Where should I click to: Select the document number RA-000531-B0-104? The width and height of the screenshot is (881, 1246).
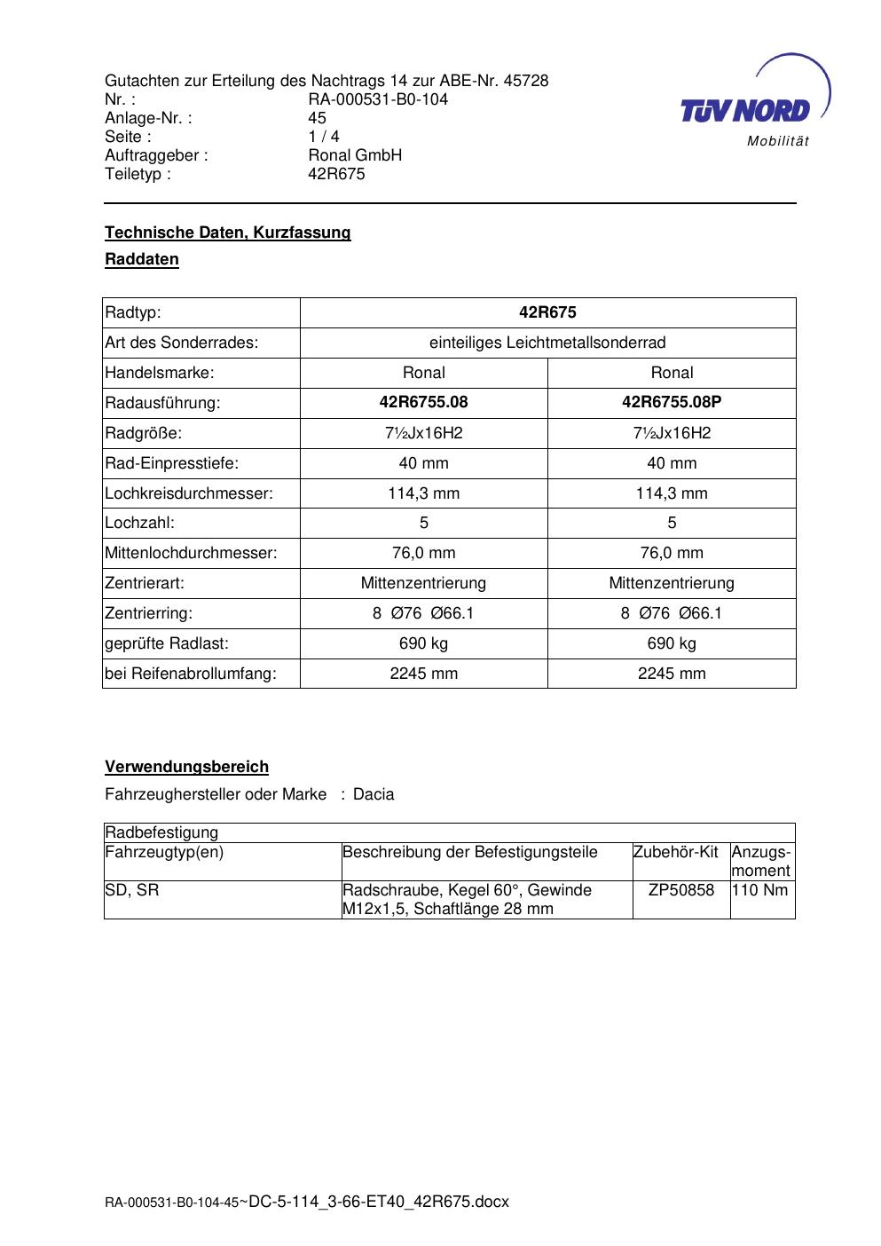[378, 99]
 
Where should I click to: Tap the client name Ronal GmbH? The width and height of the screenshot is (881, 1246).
[355, 155]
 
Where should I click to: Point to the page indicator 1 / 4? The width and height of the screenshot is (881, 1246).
[324, 137]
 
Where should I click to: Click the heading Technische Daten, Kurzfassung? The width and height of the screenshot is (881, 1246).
[227, 233]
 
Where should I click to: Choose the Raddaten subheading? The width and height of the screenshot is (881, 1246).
[142, 259]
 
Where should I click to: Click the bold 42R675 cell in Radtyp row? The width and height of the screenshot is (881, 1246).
[547, 312]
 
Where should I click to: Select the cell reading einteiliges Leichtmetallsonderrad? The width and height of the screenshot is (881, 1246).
[547, 343]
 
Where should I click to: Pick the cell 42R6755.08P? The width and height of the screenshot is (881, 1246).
[672, 402]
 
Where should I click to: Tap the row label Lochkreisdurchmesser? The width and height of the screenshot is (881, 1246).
[189, 493]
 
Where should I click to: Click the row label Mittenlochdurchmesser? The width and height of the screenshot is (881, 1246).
[191, 553]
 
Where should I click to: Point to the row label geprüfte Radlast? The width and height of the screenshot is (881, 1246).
[167, 643]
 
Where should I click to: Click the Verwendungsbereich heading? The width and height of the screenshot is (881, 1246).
[186, 767]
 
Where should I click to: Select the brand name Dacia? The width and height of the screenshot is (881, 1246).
[374, 794]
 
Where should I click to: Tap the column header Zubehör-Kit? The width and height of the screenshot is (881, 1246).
[675, 852]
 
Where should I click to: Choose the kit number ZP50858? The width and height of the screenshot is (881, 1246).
[680, 890]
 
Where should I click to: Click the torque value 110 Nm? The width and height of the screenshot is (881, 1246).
[760, 890]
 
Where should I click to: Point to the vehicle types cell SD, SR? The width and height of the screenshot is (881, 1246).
[132, 890]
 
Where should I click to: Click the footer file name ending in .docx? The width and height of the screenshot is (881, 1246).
[307, 1202]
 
